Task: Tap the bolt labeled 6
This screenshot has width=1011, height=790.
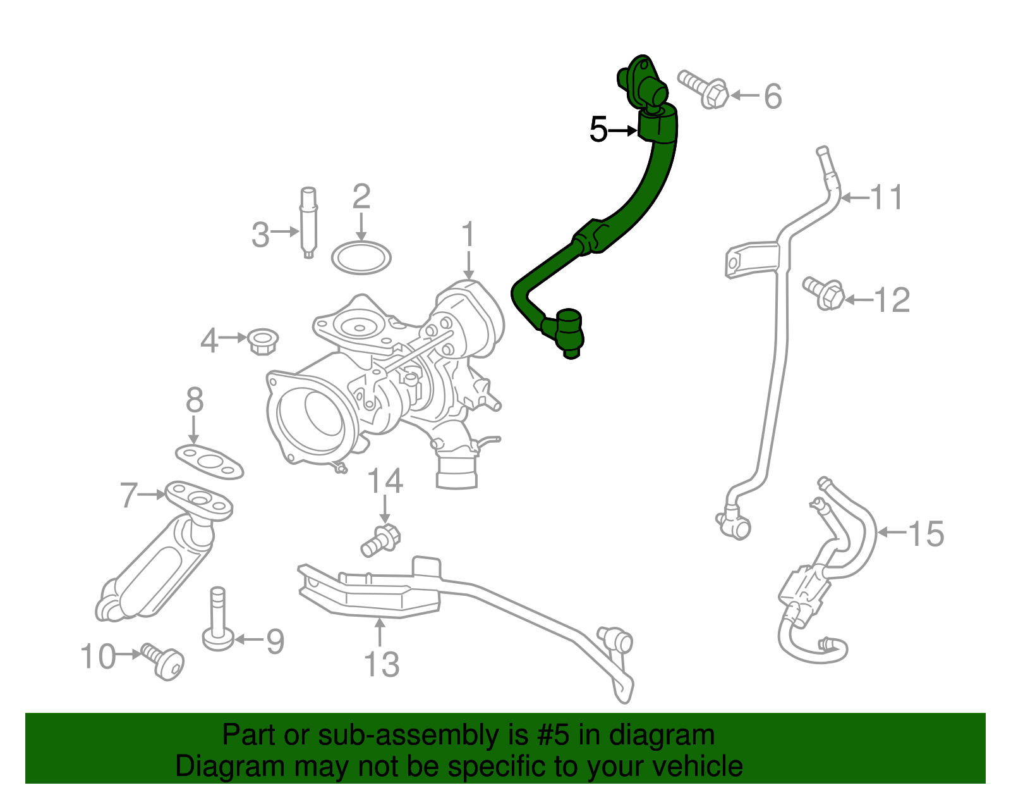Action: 703,90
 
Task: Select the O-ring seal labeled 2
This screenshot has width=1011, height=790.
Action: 361,257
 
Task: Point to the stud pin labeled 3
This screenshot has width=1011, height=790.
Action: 308,222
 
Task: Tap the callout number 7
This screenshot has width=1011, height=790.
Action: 129,495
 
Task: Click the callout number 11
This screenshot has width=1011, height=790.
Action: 887,197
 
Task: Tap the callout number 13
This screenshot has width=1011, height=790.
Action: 382,664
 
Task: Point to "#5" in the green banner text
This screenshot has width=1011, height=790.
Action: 553,735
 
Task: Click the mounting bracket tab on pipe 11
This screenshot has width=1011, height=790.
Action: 741,259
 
